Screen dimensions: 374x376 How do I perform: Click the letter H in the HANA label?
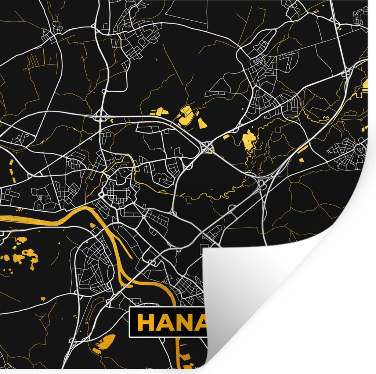145,323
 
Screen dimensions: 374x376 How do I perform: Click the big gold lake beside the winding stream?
249,140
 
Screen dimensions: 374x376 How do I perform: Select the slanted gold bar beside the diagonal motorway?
303,149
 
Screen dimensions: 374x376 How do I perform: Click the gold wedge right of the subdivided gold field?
202,123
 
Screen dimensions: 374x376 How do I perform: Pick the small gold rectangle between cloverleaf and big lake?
226,137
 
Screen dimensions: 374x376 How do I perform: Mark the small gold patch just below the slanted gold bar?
302,160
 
